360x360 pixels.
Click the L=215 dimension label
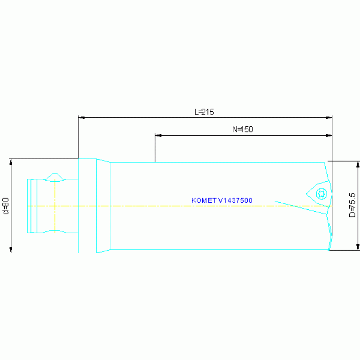(204, 112)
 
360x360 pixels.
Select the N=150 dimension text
(243, 129)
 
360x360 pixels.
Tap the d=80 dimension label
(6, 206)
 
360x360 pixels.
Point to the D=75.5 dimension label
(352, 205)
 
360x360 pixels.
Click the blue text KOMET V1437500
(222, 200)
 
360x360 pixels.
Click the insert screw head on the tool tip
(322, 194)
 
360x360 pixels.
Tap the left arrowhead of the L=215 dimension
(82, 117)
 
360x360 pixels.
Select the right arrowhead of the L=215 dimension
(329, 117)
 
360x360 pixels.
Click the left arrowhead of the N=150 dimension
(159, 136)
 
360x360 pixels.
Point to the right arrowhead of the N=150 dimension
(329, 136)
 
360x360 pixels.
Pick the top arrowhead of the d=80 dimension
(11, 162)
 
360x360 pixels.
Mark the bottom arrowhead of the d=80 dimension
(11, 250)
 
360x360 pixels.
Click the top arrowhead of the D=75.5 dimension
(358, 164)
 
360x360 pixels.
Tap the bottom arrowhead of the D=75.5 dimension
(358, 247)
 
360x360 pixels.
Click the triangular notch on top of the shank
(54, 177)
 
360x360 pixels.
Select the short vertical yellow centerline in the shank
(55, 206)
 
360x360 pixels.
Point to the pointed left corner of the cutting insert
(306, 194)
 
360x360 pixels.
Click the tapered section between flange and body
(103, 206)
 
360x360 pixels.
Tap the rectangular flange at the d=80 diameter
(87, 206)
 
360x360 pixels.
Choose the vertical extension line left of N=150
(155, 148)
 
